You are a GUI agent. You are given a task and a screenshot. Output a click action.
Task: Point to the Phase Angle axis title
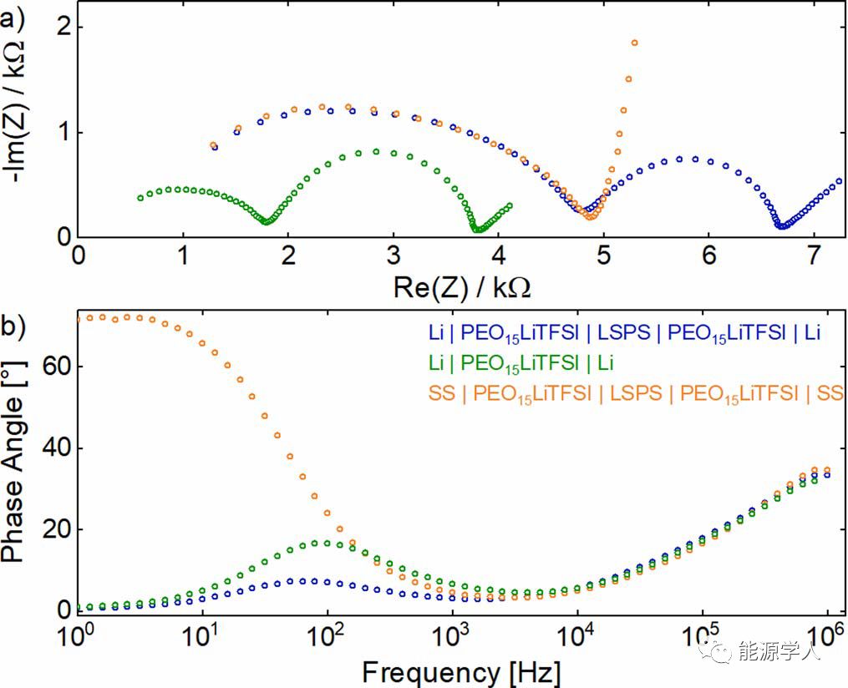coord(18,468)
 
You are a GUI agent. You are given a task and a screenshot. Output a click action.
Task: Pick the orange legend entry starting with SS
coord(653,393)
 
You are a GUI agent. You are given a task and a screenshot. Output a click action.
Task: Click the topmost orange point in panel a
coord(635,43)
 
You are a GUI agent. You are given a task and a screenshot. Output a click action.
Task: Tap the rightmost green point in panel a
coord(510,205)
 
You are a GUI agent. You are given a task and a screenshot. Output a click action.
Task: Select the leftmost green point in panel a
coord(140,198)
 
